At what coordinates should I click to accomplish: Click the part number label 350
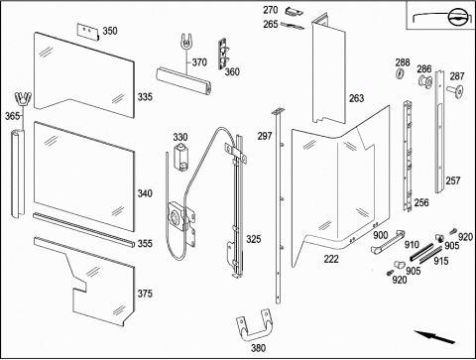click(110, 31)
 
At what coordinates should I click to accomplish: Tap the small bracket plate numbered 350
click(88, 32)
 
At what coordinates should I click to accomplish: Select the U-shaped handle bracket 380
click(254, 325)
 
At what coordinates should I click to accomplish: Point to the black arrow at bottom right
click(434, 337)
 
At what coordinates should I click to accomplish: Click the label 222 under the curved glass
click(331, 259)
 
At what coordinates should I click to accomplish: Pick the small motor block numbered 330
click(181, 157)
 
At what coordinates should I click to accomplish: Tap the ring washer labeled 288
click(400, 73)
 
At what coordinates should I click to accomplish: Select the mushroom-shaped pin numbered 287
click(455, 90)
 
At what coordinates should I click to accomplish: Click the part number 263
click(356, 98)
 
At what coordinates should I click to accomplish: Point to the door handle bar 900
click(387, 242)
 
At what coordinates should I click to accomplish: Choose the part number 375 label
click(145, 294)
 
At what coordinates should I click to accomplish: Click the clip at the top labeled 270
click(294, 11)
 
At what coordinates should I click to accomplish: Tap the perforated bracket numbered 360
click(224, 54)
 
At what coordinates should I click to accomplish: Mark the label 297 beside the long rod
click(265, 136)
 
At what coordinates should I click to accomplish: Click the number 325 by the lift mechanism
click(254, 239)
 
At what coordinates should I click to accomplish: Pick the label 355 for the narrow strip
click(145, 244)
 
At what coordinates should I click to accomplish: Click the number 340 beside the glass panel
click(145, 193)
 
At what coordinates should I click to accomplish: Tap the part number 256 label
click(421, 202)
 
